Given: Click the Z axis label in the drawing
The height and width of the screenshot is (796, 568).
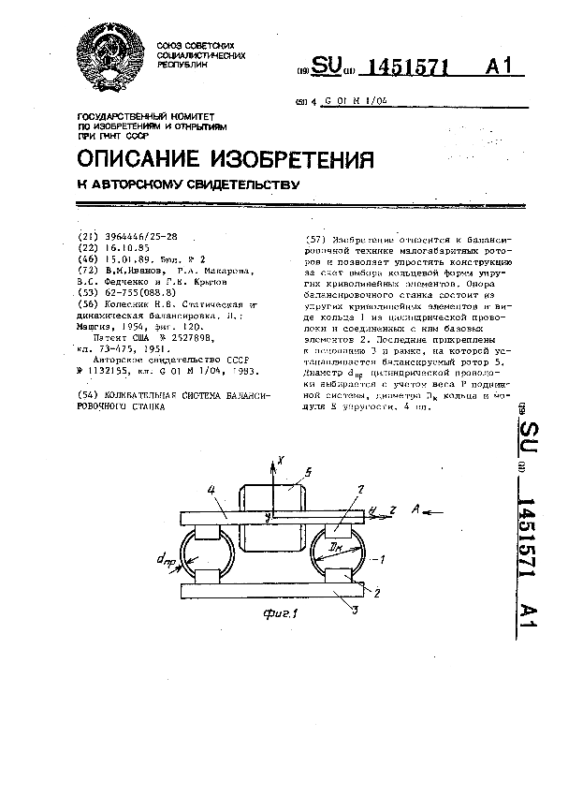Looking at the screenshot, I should pyautogui.click(x=393, y=509).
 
